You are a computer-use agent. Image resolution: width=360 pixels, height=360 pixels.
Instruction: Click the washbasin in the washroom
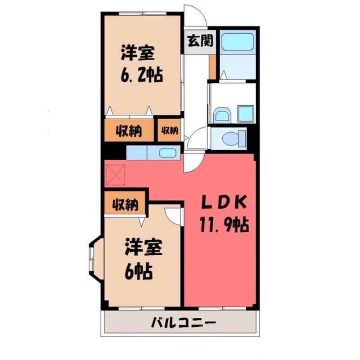click(221, 115)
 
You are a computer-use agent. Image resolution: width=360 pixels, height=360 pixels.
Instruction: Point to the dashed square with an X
click(116, 174)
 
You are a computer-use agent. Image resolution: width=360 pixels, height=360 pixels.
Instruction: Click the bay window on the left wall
click(94, 260)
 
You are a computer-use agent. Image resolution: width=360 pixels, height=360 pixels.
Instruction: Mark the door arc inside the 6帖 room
click(173, 215)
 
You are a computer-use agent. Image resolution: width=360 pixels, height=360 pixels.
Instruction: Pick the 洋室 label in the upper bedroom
click(138, 53)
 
